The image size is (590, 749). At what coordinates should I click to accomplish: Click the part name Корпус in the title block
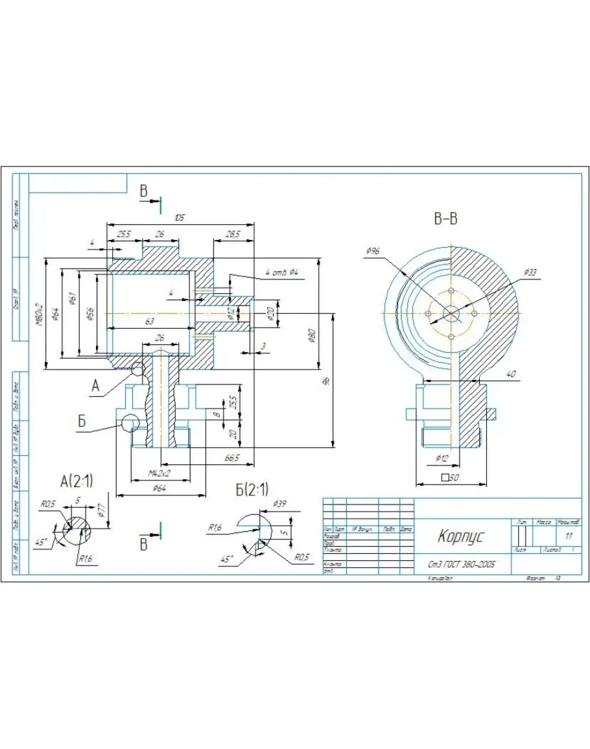tap(460, 536)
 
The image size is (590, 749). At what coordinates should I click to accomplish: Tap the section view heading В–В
tap(445, 219)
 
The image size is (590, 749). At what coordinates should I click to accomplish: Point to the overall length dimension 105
tap(180, 218)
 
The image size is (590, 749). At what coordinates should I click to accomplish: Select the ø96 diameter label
tap(372, 250)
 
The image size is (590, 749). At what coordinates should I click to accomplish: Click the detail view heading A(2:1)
tap(77, 481)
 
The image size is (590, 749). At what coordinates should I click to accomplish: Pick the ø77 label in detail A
tap(101, 512)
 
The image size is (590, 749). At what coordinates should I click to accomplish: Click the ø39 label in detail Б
tap(280, 504)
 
